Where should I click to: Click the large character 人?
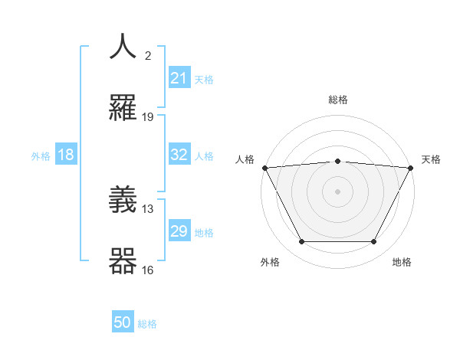click(x=123, y=47)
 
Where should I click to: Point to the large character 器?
click(x=123, y=261)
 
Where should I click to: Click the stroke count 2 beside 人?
click(x=148, y=55)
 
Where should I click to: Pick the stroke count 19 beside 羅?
click(x=148, y=117)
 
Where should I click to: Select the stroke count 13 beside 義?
click(x=148, y=208)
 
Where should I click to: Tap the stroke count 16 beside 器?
click(x=148, y=270)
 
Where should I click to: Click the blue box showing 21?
click(x=179, y=77)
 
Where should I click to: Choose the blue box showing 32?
click(x=179, y=155)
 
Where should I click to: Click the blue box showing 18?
click(x=66, y=155)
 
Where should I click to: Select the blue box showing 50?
click(x=123, y=322)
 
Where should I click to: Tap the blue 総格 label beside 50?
click(x=147, y=324)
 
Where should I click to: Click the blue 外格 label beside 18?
click(x=41, y=156)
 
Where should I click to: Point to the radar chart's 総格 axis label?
click(x=338, y=100)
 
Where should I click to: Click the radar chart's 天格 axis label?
click(x=432, y=159)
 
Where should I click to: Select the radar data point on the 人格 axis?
click(x=264, y=168)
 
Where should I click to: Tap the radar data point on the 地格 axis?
click(x=374, y=242)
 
